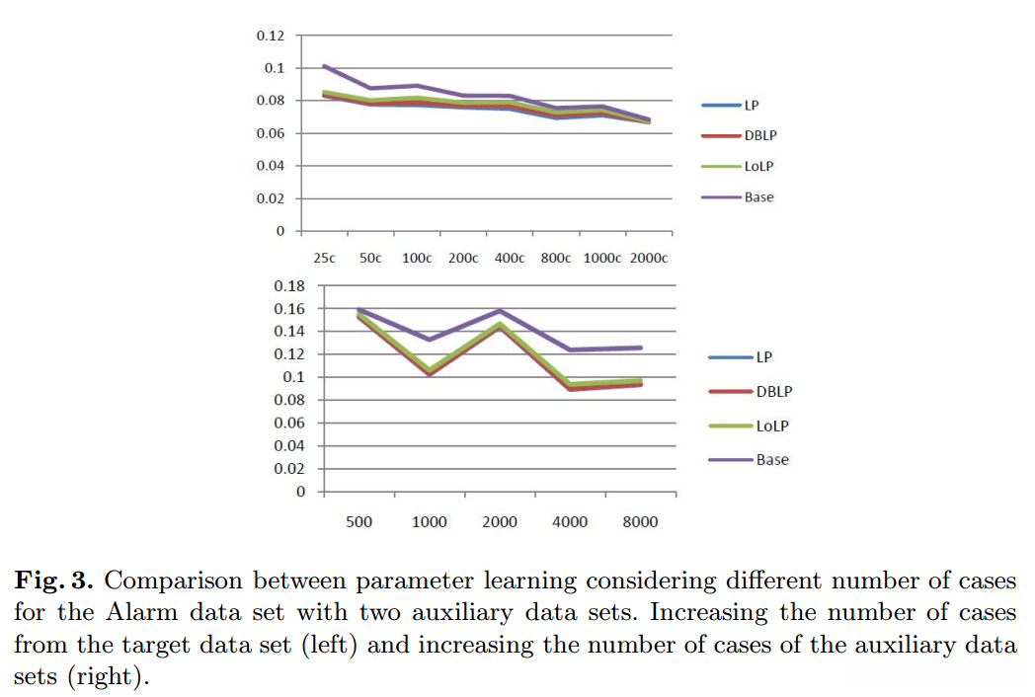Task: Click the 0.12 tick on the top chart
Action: pyautogui.click(x=270, y=36)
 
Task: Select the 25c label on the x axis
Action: pyautogui.click(x=324, y=258)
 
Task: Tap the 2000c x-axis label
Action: pyautogui.click(x=649, y=258)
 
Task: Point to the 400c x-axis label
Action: pyautogui.click(x=509, y=258)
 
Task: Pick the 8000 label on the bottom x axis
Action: pyautogui.click(x=640, y=521)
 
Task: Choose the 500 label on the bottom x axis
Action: pyautogui.click(x=358, y=521)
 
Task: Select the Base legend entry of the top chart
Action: pyautogui.click(x=758, y=197)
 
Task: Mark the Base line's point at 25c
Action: pyautogui.click(x=324, y=66)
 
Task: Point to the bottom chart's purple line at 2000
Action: pyautogui.click(x=500, y=311)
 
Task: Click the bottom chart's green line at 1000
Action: pyautogui.click(x=430, y=370)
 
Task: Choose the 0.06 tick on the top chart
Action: pyautogui.click(x=270, y=133)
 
